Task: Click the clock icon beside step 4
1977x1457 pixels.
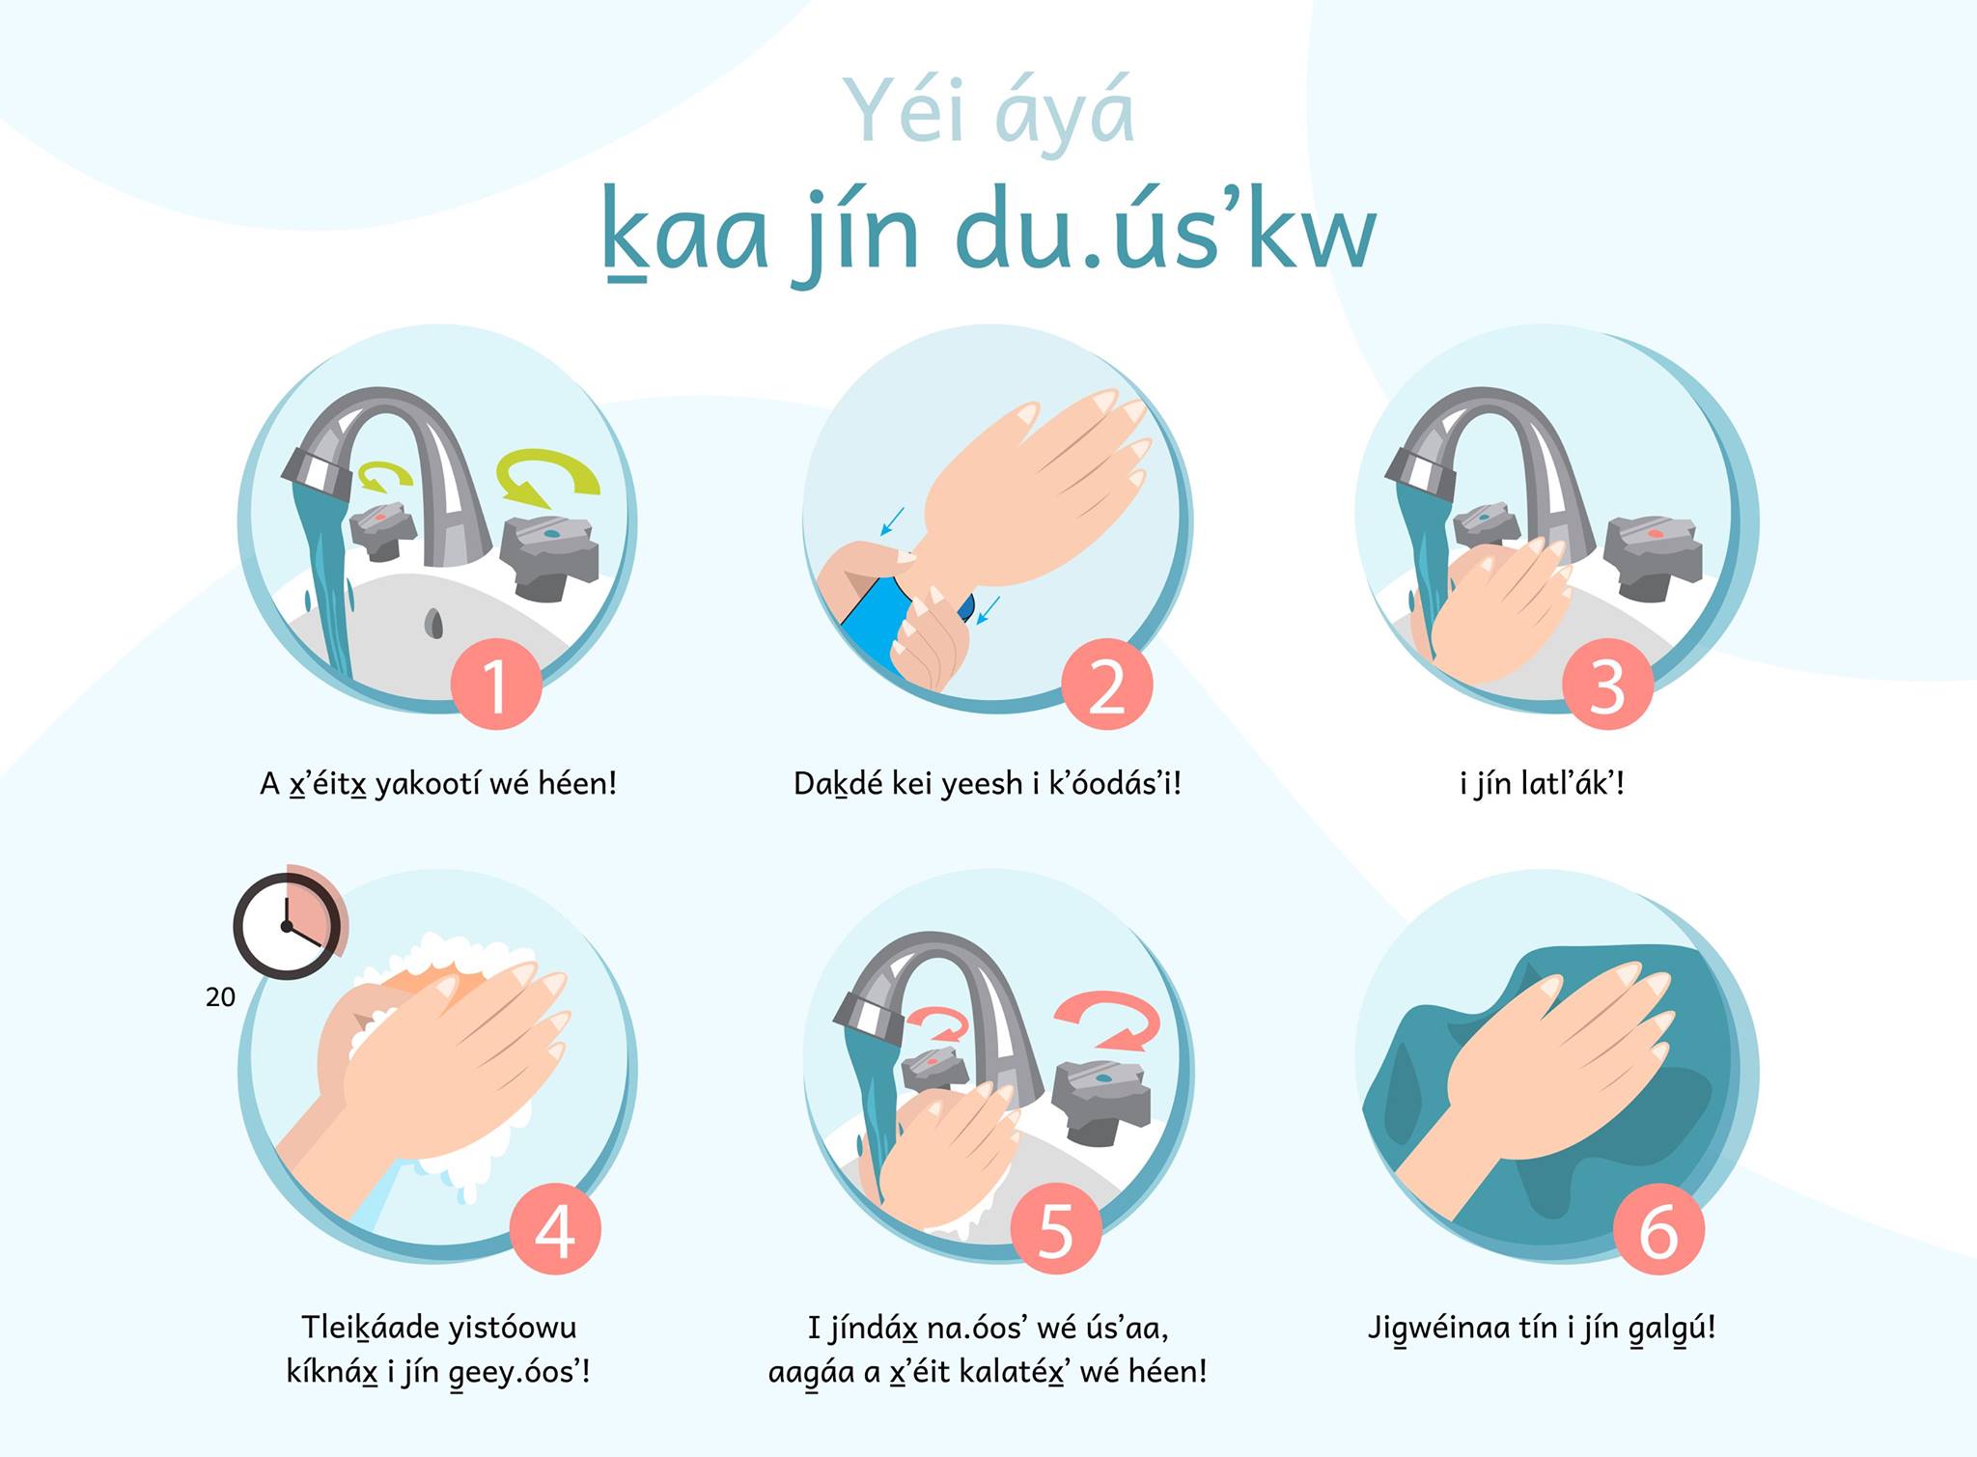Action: tap(288, 924)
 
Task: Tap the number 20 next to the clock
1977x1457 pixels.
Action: tap(220, 997)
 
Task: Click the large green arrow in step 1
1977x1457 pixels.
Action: tap(547, 477)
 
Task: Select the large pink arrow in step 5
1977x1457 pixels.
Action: tap(1106, 1022)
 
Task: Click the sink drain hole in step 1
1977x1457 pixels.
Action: tap(434, 623)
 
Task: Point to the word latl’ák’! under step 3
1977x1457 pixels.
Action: tap(1573, 783)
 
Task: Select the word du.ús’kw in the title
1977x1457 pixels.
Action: tap(1166, 237)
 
